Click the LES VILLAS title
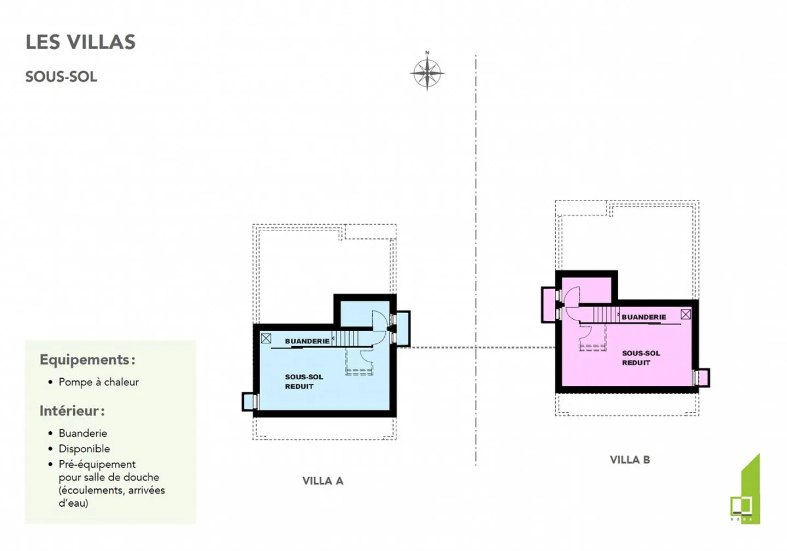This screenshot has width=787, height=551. click(x=80, y=42)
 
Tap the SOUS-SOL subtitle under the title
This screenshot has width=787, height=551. click(x=61, y=77)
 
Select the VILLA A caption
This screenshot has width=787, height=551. click(x=322, y=481)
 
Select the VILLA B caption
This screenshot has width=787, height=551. click(x=630, y=460)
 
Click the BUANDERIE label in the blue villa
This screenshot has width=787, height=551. click(x=307, y=341)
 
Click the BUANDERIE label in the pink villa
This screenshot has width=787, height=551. click(x=644, y=317)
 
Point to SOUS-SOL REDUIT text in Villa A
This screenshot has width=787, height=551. click(x=303, y=382)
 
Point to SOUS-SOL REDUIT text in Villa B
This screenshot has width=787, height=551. click(x=641, y=358)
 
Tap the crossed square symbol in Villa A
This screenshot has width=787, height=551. click(x=266, y=338)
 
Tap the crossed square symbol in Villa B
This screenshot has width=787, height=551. click(x=685, y=314)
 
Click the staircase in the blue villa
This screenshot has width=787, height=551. click(x=345, y=338)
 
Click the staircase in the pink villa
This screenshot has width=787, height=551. click(x=604, y=314)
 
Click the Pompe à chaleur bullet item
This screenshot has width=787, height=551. click(x=98, y=382)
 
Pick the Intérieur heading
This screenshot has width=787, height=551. click(x=72, y=411)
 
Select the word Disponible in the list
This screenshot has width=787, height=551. click(x=84, y=449)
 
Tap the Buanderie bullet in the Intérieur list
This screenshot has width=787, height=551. click(x=83, y=433)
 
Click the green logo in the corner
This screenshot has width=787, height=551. click(x=745, y=492)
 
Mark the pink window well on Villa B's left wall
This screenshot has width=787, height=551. click(x=548, y=304)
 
